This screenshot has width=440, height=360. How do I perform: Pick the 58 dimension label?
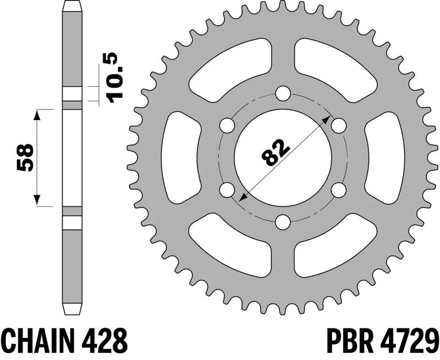[x=25, y=157]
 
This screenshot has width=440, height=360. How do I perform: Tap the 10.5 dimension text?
[x=115, y=78]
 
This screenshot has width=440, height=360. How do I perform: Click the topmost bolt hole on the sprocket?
[x=283, y=93]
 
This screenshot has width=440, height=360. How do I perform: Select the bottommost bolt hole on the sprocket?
[x=283, y=222]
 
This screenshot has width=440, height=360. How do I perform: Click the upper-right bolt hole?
[x=338, y=126]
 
